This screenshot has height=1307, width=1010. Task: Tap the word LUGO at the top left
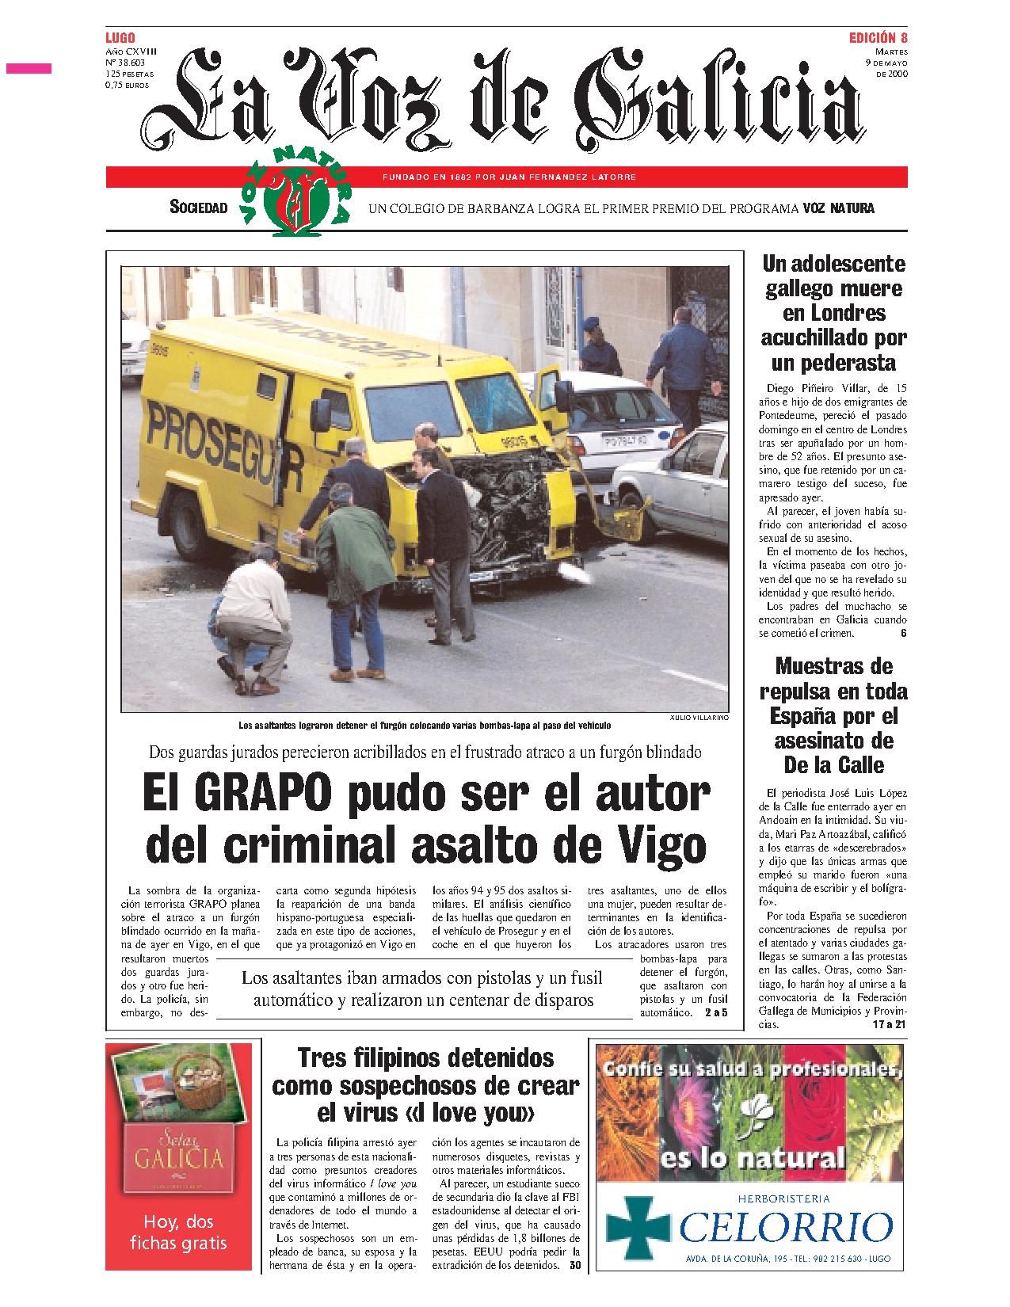(120, 38)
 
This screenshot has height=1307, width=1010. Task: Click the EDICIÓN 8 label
(878, 38)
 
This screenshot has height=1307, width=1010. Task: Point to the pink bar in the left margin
(29, 69)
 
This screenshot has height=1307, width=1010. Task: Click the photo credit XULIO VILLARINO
(698, 717)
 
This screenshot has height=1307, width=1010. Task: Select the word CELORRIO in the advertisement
(784, 1228)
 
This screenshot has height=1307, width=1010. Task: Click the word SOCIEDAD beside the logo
(199, 208)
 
